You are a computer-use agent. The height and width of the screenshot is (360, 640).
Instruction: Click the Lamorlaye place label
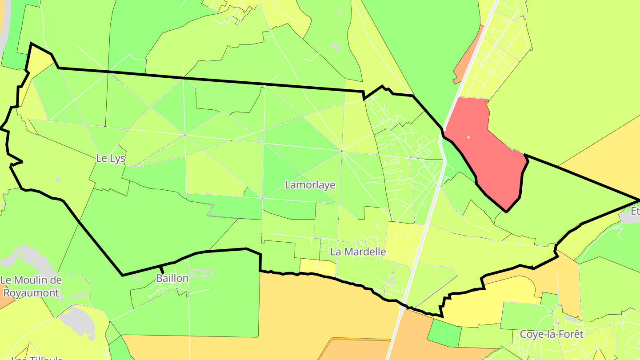pyautogui.click(x=310, y=185)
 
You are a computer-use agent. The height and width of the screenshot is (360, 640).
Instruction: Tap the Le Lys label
pyautogui.click(x=111, y=158)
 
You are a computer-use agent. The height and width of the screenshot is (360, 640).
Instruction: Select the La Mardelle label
pyautogui.click(x=358, y=252)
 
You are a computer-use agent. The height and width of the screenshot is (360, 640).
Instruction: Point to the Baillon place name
pyautogui.click(x=172, y=279)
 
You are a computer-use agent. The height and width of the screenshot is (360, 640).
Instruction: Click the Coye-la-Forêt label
pyautogui.click(x=551, y=334)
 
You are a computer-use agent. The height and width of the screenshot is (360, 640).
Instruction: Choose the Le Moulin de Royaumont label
pyautogui.click(x=31, y=287)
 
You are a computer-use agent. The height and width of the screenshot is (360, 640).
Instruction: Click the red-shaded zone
pyautogui.click(x=484, y=151)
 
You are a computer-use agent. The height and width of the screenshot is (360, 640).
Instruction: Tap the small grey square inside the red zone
pyautogui.click(x=468, y=137)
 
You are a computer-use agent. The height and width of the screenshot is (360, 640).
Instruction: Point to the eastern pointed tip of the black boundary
pyautogui.click(x=638, y=200)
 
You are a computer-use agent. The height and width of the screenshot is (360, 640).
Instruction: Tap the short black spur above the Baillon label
pyautogui.click(x=162, y=269)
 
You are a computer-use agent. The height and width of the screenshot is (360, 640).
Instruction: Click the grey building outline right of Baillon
pyautogui.click(x=202, y=273)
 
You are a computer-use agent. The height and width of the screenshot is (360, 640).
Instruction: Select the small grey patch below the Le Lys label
pyautogui.click(x=57, y=179)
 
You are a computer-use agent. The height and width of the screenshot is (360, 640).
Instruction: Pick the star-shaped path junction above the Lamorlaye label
pyautogui.click(x=342, y=151)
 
